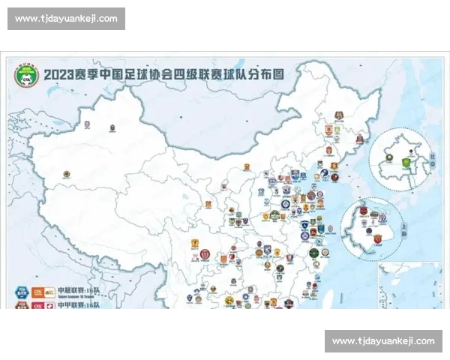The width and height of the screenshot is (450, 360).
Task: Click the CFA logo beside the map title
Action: coord(27,74)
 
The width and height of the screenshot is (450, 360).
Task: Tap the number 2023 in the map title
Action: coord(58,75)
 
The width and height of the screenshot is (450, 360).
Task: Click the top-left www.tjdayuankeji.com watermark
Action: coord(66,19)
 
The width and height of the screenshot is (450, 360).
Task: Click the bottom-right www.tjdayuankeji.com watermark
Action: coord(382,341)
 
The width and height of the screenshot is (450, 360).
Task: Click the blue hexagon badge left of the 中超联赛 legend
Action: coord(17,289)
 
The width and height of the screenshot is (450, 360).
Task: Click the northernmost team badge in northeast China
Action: coord(339,115)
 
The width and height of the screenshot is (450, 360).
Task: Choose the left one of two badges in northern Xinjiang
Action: coord(85,126)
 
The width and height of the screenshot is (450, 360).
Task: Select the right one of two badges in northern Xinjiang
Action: coord(112,127)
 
